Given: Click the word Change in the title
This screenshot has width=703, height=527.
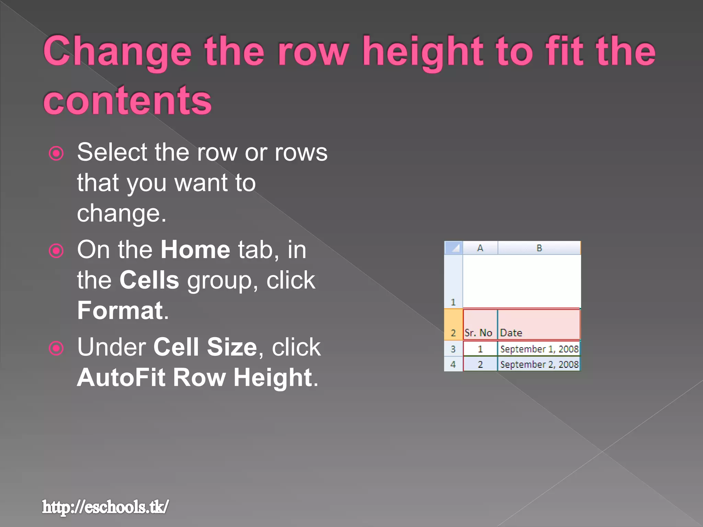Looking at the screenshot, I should click(117, 51).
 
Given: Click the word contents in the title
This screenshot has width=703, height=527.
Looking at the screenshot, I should click(127, 100).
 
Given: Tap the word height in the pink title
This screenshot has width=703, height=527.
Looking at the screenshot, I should click(423, 51).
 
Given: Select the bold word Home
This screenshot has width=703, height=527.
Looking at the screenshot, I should click(195, 249).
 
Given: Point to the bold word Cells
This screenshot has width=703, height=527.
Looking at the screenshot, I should click(149, 280).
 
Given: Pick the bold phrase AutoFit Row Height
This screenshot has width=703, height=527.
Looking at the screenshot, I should click(195, 377).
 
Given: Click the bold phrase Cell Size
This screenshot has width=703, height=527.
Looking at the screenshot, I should click(205, 347).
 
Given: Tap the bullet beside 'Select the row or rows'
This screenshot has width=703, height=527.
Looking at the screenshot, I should click(56, 153).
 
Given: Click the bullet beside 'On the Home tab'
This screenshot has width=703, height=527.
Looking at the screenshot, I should click(56, 251).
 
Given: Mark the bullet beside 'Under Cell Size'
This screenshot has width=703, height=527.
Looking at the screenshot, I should click(56, 348).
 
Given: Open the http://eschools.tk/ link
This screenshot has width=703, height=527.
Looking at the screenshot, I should click(105, 507).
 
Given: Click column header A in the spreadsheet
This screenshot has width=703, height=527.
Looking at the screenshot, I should click(480, 248).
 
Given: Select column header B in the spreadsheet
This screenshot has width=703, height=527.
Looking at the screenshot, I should click(539, 248).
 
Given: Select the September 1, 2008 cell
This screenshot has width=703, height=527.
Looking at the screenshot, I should click(539, 349).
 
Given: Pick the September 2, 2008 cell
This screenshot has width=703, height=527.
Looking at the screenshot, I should click(539, 364).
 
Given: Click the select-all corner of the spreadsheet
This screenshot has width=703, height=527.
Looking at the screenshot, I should click(453, 248).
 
